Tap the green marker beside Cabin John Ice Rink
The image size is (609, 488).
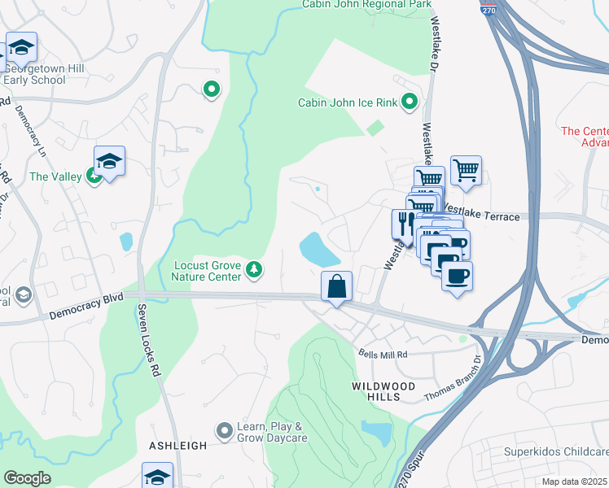point(410,102)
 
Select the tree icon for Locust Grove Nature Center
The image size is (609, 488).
point(255,269)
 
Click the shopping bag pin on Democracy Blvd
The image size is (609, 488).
point(336,286)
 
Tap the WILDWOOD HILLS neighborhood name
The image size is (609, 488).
point(383,390)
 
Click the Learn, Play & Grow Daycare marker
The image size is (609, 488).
point(225,429)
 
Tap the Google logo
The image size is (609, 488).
point(27,478)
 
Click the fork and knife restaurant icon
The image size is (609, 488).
point(405,223)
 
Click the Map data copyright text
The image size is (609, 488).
point(575,481)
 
